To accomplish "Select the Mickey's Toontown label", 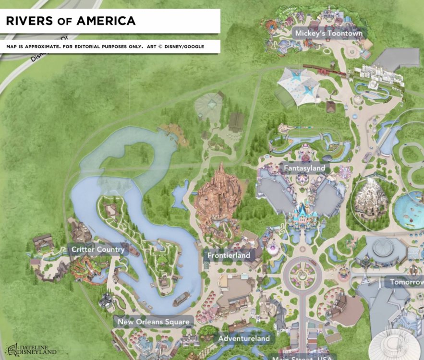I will pyautogui.click(x=328, y=34).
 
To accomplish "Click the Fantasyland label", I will pyautogui.click(x=304, y=168).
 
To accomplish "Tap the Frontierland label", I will pyautogui.click(x=229, y=255).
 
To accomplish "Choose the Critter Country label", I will pyautogui.click(x=98, y=250).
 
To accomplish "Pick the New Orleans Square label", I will pyautogui.click(x=154, y=322).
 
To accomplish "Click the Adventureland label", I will pyautogui.click(x=244, y=339).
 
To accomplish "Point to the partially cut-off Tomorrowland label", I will pyautogui.click(x=406, y=282).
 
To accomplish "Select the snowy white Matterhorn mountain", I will pyautogui.click(x=371, y=197).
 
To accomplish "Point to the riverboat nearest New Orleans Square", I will pyautogui.click(x=181, y=299).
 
